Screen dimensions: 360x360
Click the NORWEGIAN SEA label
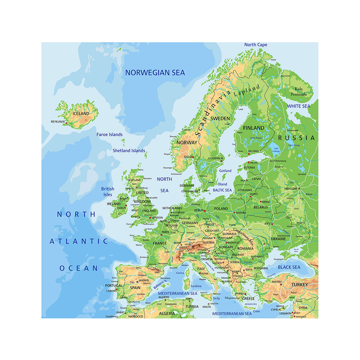(155, 73)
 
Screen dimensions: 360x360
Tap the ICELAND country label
(81, 113)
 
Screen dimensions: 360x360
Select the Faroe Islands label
(109, 135)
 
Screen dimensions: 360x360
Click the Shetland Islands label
(129, 151)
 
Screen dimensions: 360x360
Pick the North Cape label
(256, 45)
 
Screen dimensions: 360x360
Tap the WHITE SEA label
(298, 106)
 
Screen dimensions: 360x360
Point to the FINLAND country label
(254, 128)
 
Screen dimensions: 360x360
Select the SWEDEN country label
(220, 118)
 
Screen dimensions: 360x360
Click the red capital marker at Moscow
(299, 188)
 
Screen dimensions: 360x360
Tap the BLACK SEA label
(289, 267)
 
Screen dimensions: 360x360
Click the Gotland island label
(225, 170)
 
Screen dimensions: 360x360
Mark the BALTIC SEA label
(222, 190)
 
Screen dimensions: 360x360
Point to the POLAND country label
(221, 208)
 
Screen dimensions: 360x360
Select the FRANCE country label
(160, 243)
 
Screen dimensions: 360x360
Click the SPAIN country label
(135, 288)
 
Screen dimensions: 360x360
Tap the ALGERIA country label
(167, 313)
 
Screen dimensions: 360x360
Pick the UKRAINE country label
(278, 238)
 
